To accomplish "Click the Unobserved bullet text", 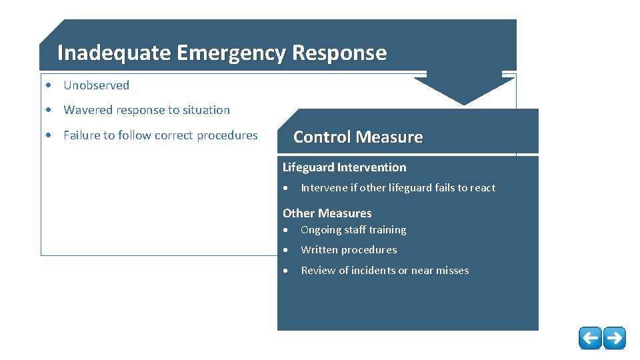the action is coord(96,85).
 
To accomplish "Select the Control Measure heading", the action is coord(358,137).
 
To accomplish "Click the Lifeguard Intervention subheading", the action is coord(344,167).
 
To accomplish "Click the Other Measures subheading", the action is coord(327,213).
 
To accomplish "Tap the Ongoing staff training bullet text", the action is coord(353,230).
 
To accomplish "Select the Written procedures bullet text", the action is coord(349,250).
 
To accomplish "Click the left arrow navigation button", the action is coord(590,338).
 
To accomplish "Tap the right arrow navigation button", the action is coord(615,338).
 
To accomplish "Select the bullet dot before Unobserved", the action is coord(49,85).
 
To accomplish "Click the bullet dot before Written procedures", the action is coord(285,251).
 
